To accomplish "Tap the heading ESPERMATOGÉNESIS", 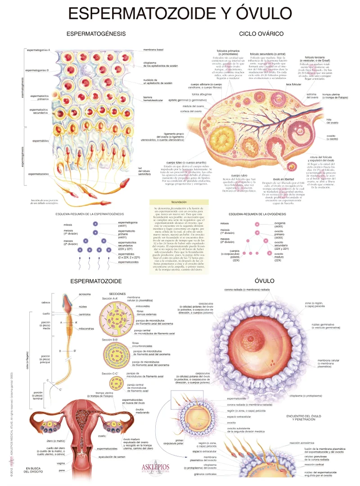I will (96, 34).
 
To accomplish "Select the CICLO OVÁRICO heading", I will (261, 34).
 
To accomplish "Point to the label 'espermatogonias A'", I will (38, 50).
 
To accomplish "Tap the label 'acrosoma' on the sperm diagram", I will (85, 294).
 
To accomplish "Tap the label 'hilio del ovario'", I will (332, 121).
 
